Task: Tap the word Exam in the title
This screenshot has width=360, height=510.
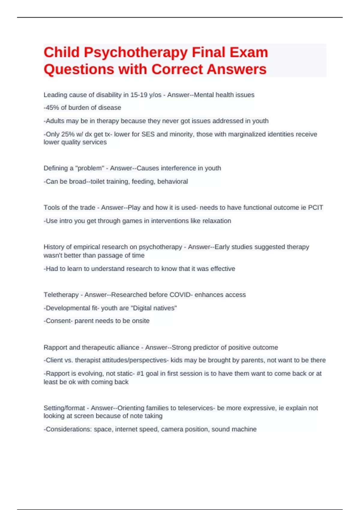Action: [x=249, y=52]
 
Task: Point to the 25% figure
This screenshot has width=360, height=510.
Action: [x=68, y=134]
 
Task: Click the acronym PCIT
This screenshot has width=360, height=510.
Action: [x=316, y=208]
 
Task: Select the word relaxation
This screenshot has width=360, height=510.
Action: [x=217, y=221]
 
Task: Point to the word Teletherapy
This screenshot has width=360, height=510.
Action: [x=61, y=295]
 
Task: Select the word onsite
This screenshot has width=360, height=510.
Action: [x=141, y=321]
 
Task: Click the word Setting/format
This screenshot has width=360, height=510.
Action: [x=64, y=408]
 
